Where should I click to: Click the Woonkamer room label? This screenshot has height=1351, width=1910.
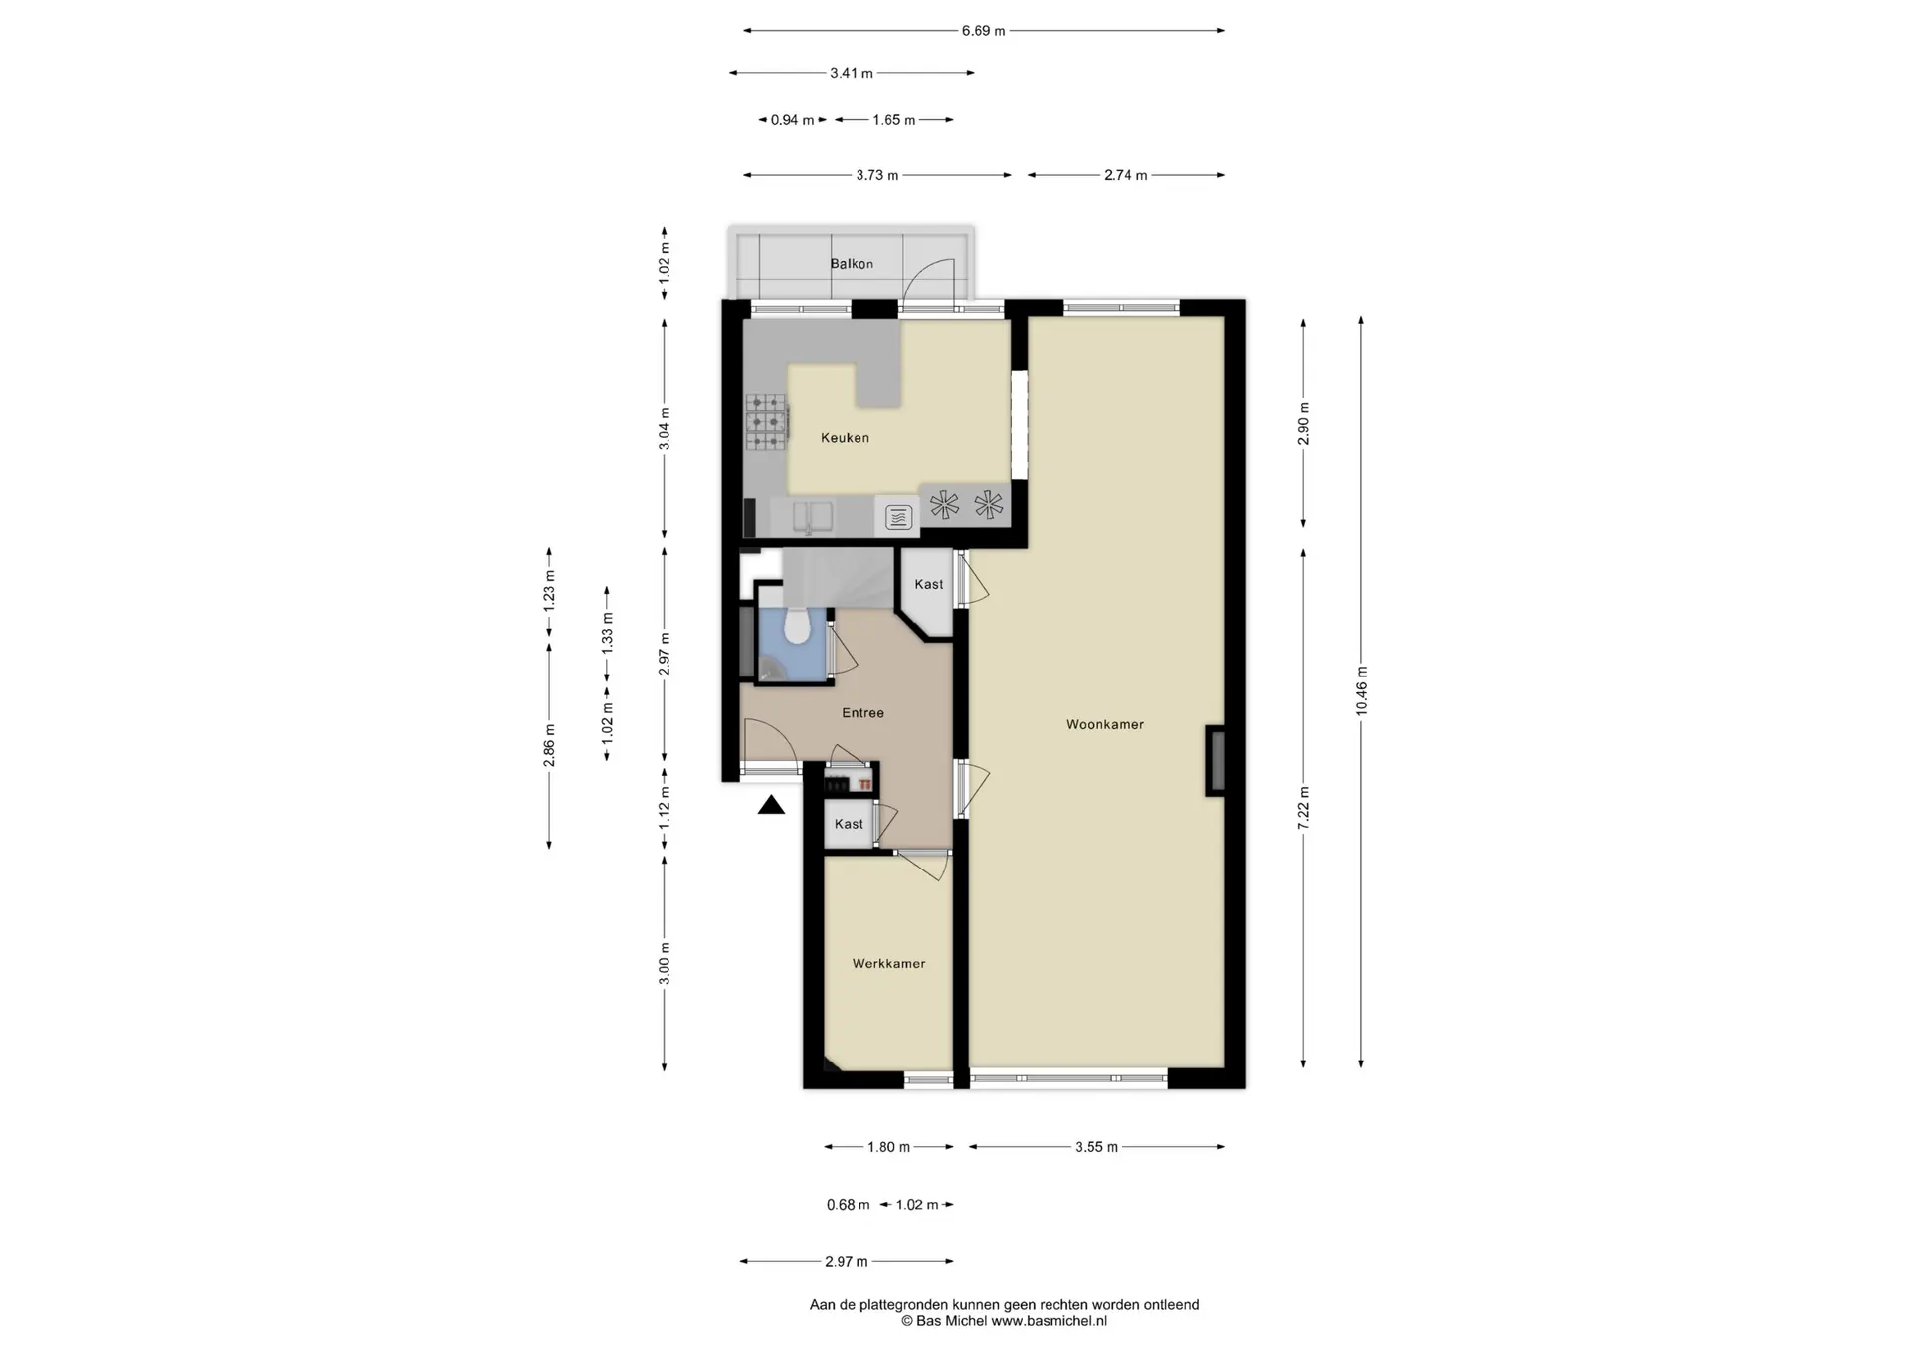click(1105, 724)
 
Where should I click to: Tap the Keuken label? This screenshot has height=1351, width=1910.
click(845, 437)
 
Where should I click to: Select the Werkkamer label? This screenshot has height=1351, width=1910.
click(888, 963)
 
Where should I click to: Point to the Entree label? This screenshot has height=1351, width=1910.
click(862, 712)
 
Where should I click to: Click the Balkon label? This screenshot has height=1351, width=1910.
click(852, 264)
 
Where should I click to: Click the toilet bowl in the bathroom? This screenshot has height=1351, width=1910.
click(796, 626)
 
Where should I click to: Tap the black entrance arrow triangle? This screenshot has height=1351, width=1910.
click(771, 805)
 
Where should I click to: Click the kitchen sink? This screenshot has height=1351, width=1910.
click(813, 516)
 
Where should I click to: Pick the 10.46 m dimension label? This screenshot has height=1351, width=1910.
click(1361, 691)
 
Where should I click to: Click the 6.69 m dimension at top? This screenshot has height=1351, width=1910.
click(983, 31)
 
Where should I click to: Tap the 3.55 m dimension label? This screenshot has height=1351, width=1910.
click(1096, 1147)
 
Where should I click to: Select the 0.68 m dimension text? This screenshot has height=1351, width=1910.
click(848, 1205)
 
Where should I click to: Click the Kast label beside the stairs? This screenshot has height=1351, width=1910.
click(929, 584)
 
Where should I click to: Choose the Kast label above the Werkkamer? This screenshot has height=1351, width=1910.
click(849, 824)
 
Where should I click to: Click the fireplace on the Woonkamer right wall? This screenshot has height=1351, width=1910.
click(1216, 761)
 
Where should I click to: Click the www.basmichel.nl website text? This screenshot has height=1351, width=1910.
click(1049, 1321)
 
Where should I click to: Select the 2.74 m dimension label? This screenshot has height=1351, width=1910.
click(1125, 175)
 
